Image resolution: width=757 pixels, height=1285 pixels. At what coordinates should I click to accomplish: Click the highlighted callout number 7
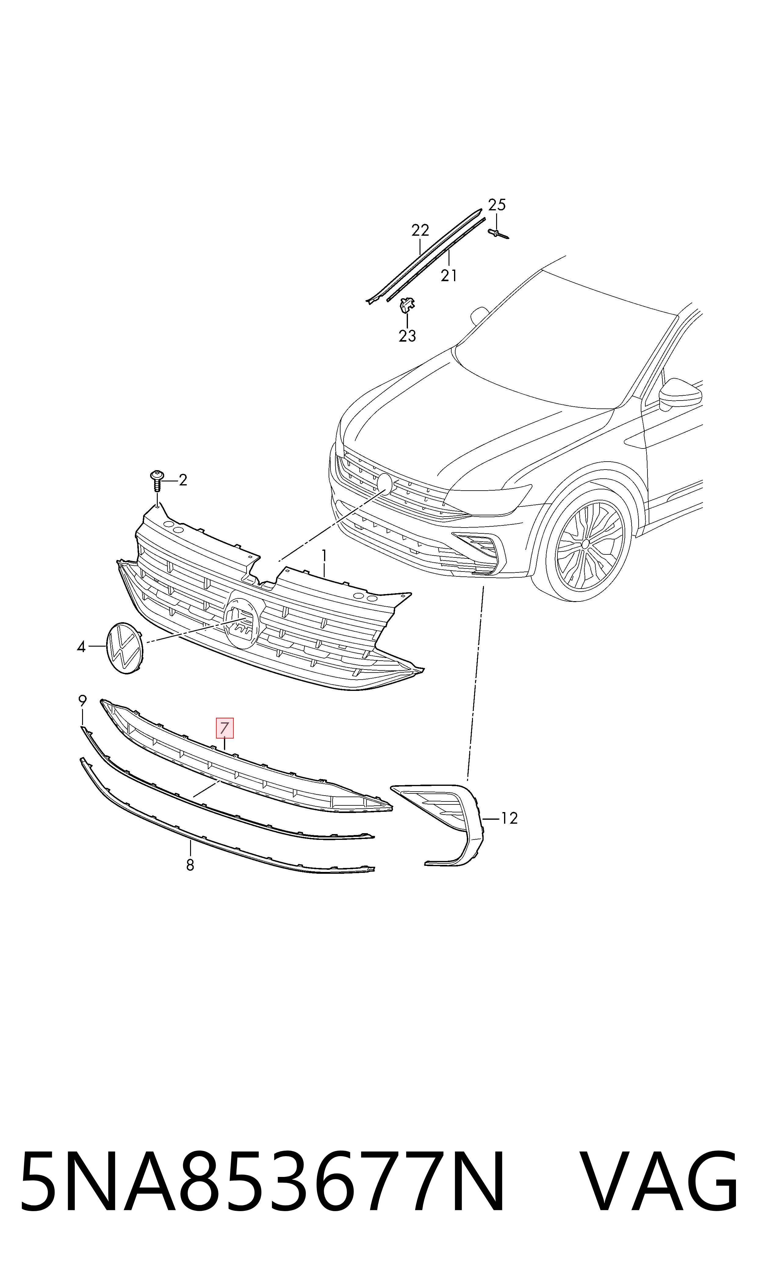click(x=225, y=728)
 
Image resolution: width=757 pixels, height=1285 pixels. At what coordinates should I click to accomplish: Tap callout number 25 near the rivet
click(x=497, y=205)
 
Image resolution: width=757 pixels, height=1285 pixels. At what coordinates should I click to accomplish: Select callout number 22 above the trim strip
click(x=420, y=231)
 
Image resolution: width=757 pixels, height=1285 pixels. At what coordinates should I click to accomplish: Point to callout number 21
click(x=449, y=276)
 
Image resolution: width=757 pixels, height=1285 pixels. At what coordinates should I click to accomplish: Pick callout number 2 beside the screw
click(x=183, y=480)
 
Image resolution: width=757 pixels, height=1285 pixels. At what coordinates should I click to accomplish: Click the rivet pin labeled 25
click(x=498, y=234)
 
